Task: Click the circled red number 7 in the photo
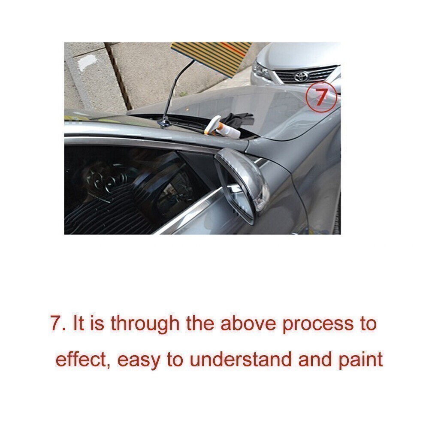tap(320, 96)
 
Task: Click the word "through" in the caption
tap(144, 323)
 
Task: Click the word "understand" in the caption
tap(241, 360)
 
